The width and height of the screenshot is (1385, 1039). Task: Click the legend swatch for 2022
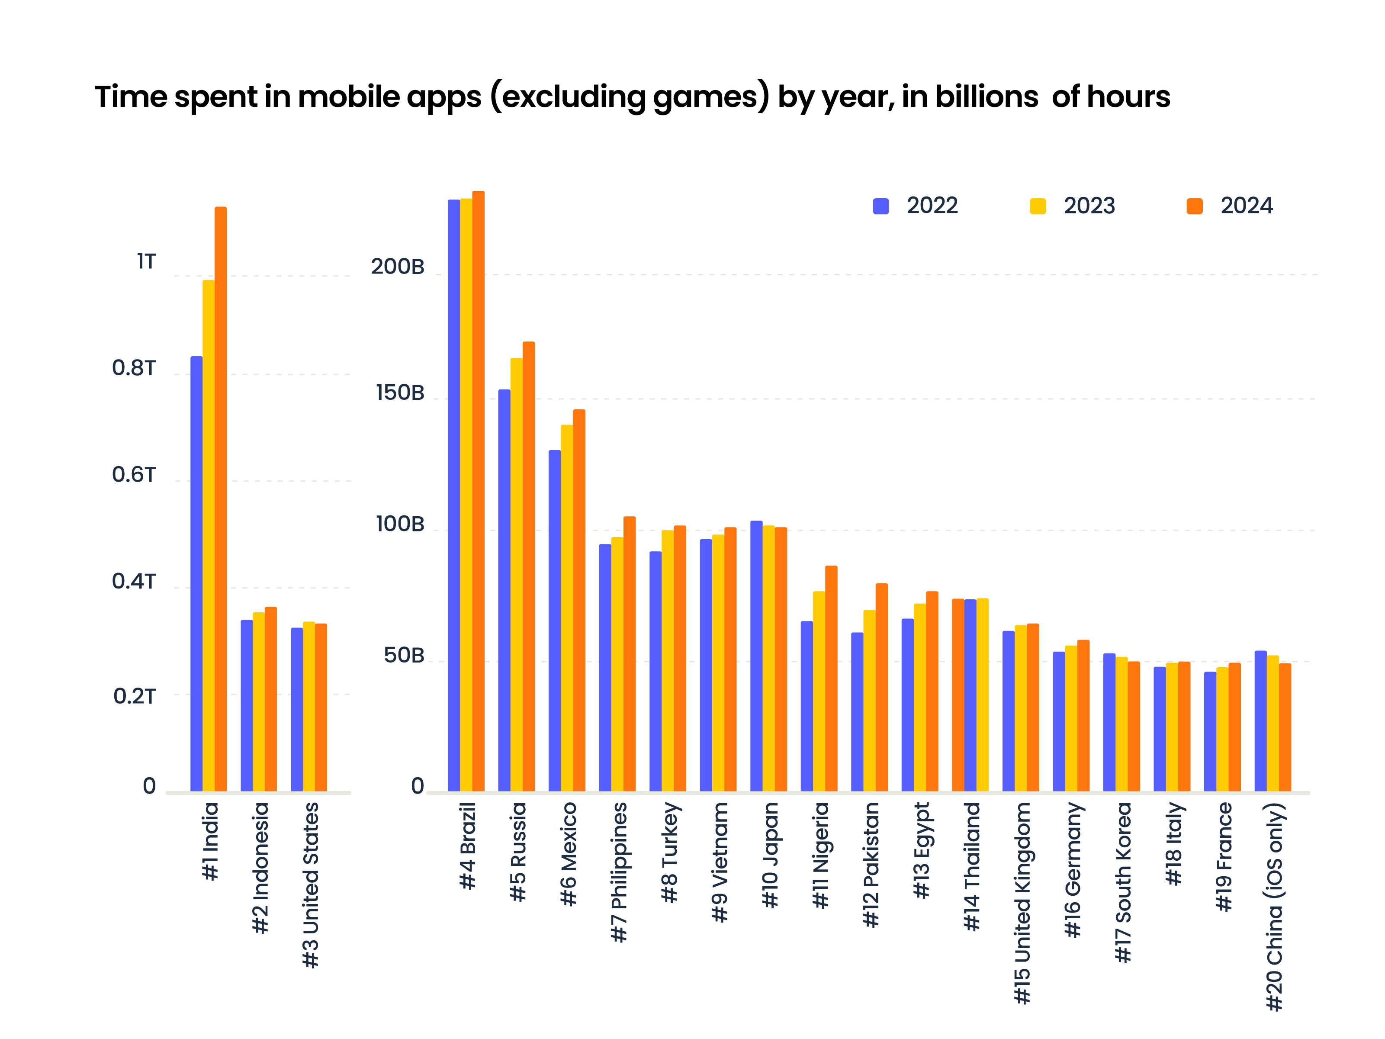click(x=880, y=206)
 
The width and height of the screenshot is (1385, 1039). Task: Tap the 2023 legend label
click(x=1089, y=206)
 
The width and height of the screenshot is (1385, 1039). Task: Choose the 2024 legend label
click(x=1246, y=206)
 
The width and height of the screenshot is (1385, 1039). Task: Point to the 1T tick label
click(x=146, y=261)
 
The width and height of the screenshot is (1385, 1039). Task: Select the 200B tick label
click(x=398, y=267)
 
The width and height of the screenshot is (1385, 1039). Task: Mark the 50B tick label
click(x=404, y=656)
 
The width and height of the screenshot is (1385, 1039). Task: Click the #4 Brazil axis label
click(x=468, y=846)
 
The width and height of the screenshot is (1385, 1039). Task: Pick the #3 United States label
click(x=311, y=885)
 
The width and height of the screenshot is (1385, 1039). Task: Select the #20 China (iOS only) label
click(x=1274, y=906)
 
